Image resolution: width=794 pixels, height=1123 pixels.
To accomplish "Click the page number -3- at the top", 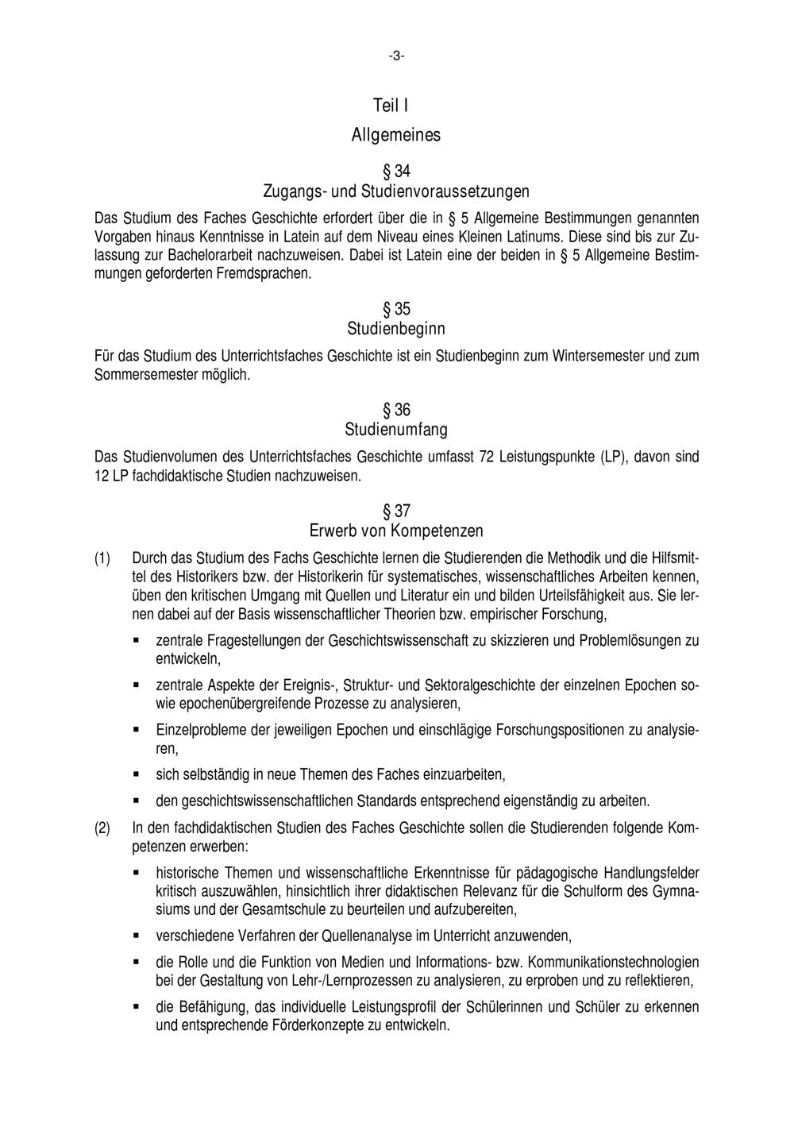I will click(396, 56).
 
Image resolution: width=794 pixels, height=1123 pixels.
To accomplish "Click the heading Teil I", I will click(391, 106).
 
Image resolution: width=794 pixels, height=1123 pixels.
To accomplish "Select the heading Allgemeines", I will click(396, 135).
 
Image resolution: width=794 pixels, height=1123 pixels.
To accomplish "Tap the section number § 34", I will click(396, 172).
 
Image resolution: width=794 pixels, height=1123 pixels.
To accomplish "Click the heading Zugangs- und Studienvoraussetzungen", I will click(396, 191).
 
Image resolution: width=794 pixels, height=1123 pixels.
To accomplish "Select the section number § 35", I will click(396, 309).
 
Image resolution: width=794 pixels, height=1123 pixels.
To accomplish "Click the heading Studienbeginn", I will click(396, 329).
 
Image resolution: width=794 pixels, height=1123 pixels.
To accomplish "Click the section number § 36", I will click(396, 411).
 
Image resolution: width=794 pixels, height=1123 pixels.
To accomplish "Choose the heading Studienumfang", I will click(396, 430).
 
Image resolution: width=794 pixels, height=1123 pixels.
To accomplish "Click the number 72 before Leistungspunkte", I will click(488, 457).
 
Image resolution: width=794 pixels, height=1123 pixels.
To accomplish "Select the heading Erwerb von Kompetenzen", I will click(396, 531).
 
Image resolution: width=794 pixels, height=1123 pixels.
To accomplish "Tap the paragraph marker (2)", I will click(102, 828).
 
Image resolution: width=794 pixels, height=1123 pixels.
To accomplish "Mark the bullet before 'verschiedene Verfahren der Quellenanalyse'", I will click(137, 936).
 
